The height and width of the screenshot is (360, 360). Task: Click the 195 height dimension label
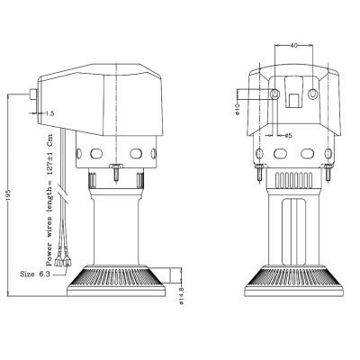click(x=8, y=195)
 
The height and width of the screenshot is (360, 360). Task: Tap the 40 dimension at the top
click(x=294, y=46)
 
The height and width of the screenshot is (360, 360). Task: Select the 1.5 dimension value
click(x=49, y=113)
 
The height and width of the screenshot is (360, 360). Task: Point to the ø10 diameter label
click(x=237, y=109)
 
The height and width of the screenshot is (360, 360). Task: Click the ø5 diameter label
click(x=288, y=136)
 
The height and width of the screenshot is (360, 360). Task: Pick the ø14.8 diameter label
click(x=181, y=296)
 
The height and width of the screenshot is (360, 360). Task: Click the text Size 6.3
click(x=35, y=274)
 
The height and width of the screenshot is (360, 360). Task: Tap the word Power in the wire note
click(x=49, y=255)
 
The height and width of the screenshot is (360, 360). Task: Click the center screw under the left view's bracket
click(x=115, y=172)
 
